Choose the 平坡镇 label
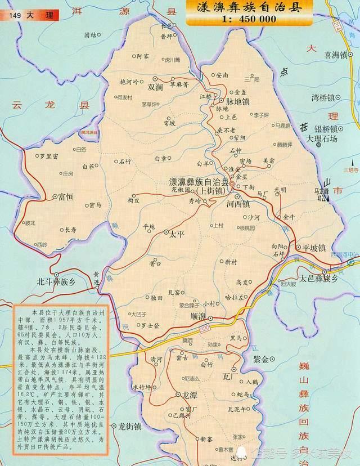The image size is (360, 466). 314,247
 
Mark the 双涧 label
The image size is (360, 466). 155,87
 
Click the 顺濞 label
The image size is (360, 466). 201,316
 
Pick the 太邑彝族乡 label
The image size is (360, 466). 319,279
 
